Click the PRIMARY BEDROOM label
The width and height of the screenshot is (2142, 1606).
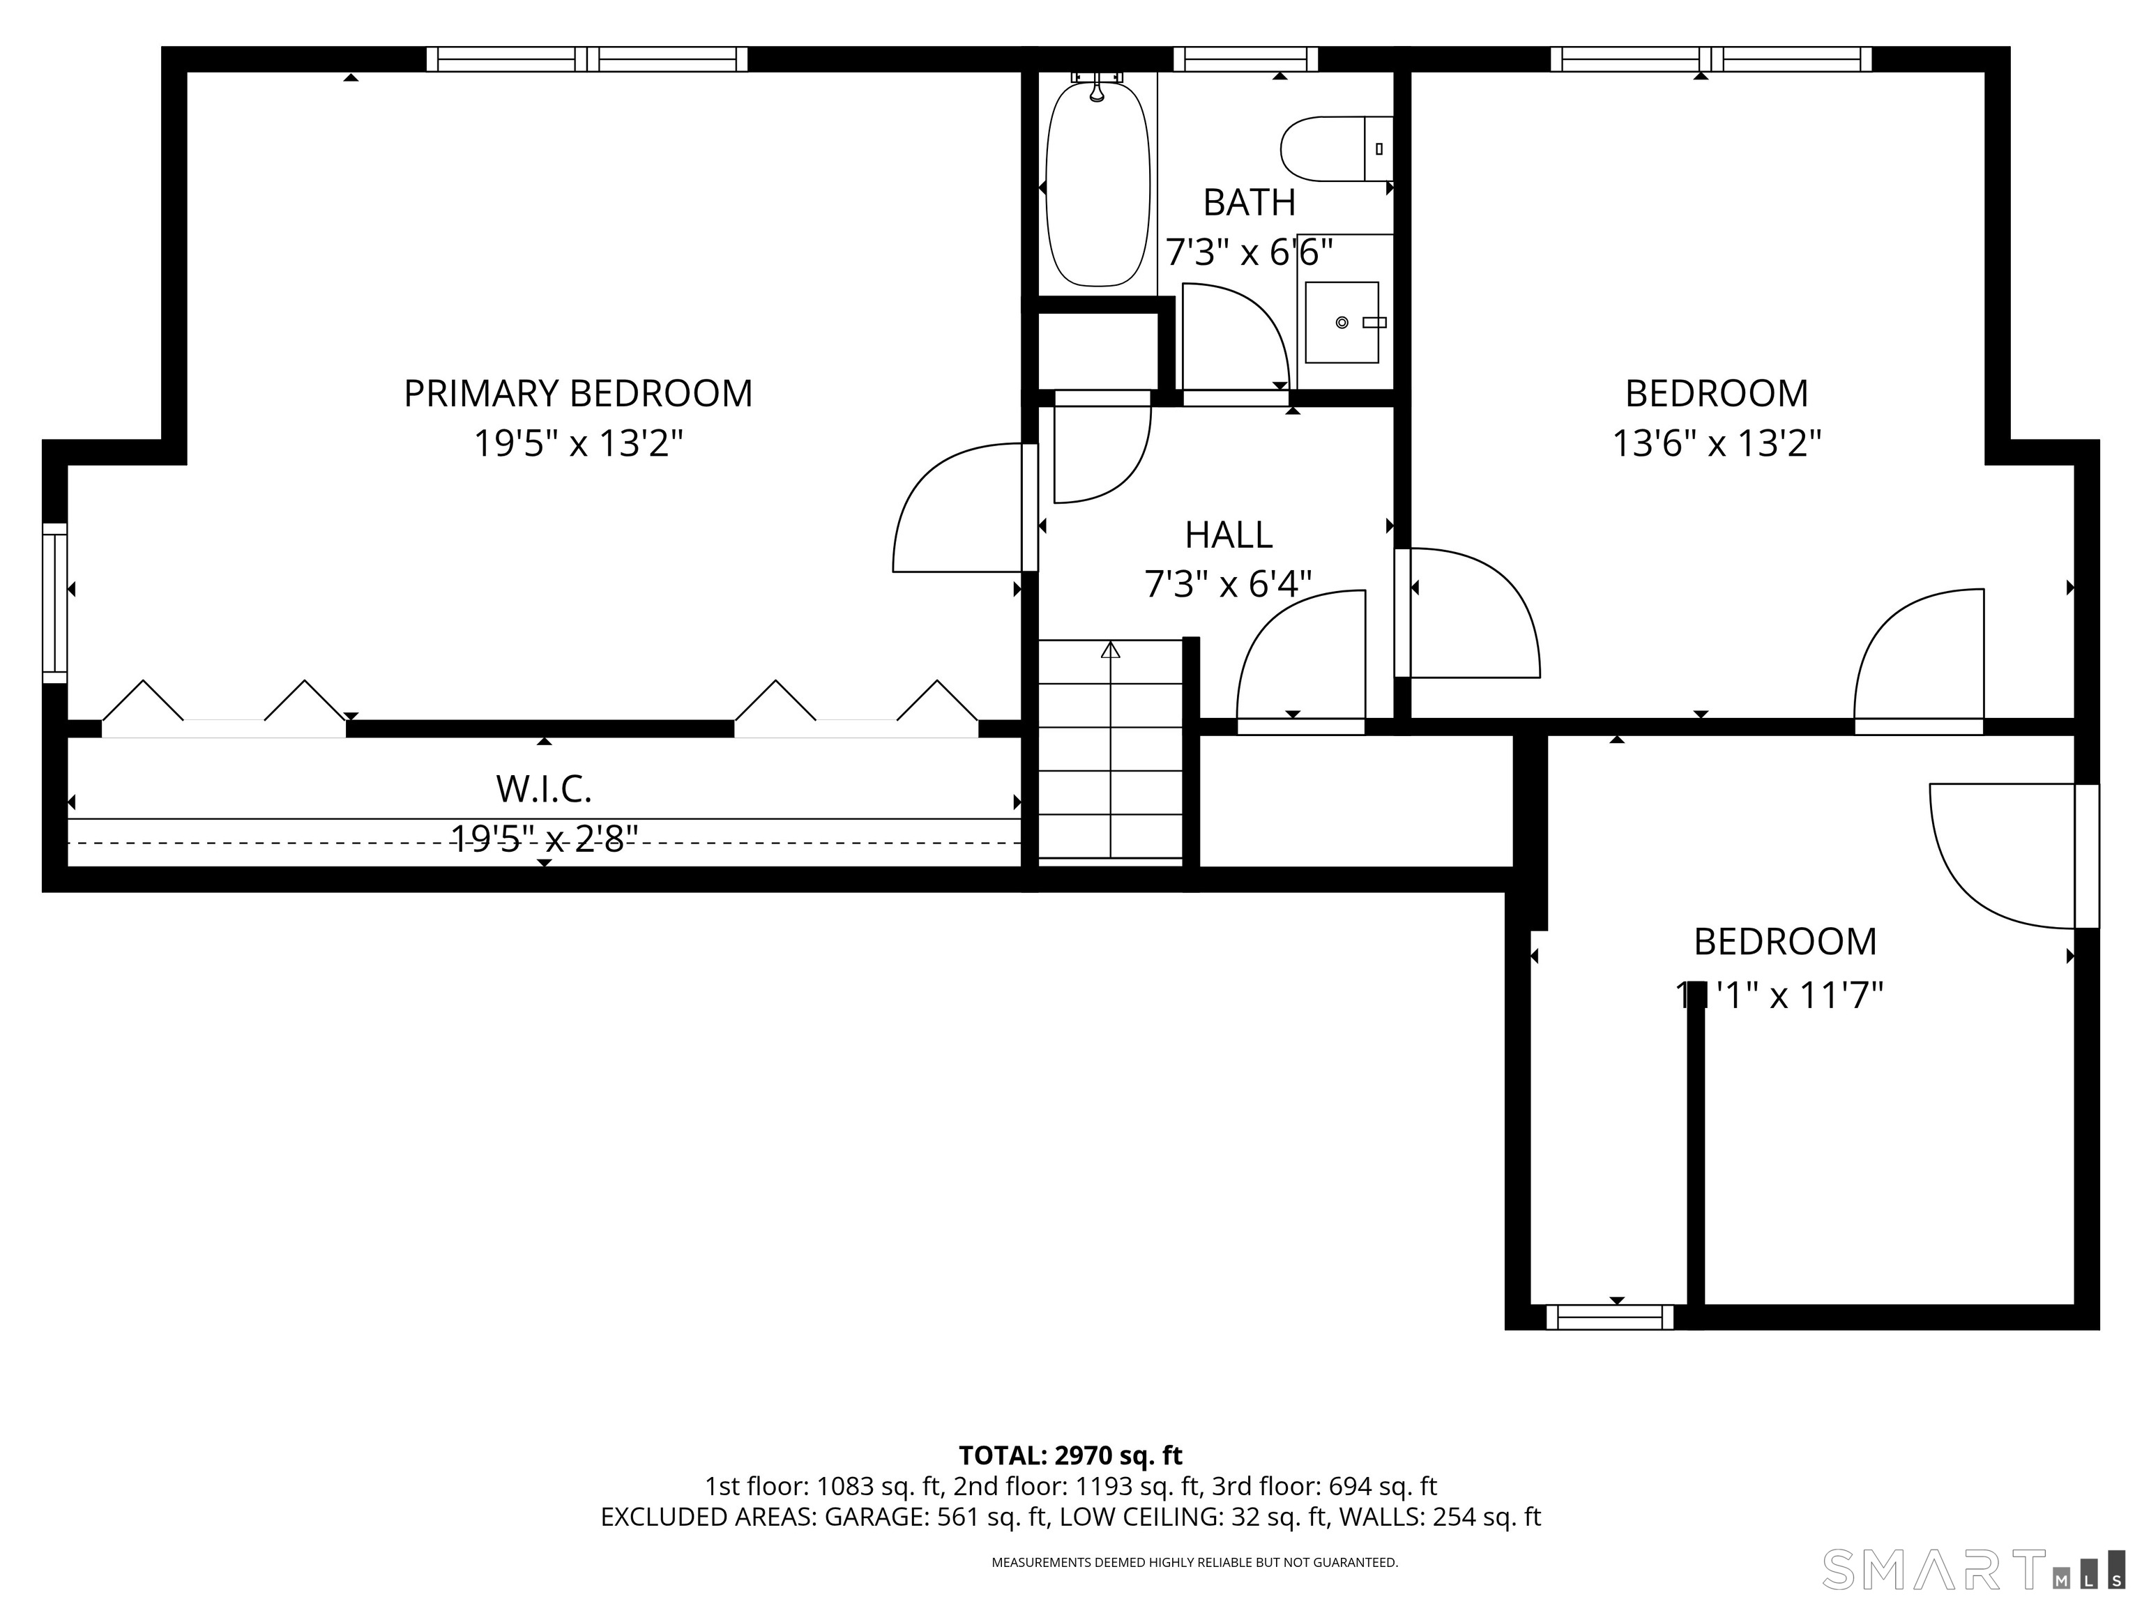(577, 394)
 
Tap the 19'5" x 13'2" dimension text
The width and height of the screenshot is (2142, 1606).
(577, 444)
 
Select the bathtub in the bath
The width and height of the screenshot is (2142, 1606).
(1098, 184)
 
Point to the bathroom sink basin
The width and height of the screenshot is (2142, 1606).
(1341, 322)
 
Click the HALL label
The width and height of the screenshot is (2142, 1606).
(1228, 535)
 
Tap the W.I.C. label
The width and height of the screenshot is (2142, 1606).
(543, 789)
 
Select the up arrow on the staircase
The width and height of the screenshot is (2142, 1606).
(1110, 650)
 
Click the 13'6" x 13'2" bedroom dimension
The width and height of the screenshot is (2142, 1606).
(1716, 444)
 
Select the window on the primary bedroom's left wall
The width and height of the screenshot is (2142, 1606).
(55, 602)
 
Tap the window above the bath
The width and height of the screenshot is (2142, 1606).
(1245, 59)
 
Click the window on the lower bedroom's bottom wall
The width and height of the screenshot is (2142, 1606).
(1609, 1317)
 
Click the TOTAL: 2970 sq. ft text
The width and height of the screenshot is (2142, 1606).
(1070, 1455)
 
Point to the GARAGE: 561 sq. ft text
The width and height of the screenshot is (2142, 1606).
(936, 1516)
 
